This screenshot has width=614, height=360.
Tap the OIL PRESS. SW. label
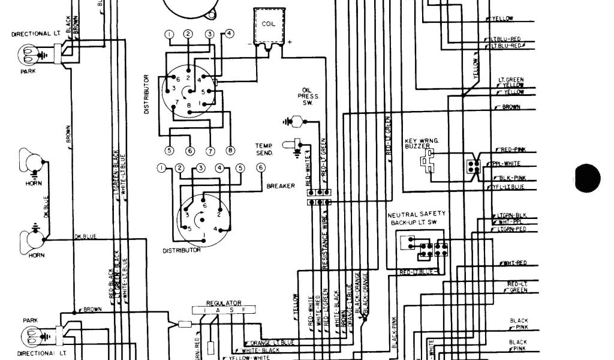[x=312, y=95]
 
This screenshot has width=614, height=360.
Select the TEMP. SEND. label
[x=264, y=149]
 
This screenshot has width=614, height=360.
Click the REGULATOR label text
[x=224, y=303]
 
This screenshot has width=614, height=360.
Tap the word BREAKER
[x=281, y=186]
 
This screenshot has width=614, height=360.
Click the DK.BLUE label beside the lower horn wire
[x=85, y=236]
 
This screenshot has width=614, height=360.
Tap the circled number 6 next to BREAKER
[x=260, y=168]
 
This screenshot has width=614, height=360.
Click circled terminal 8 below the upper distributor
[x=230, y=150]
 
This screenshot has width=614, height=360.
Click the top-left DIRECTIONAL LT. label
[x=31, y=34]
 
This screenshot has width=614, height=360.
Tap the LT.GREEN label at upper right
[x=511, y=79]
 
